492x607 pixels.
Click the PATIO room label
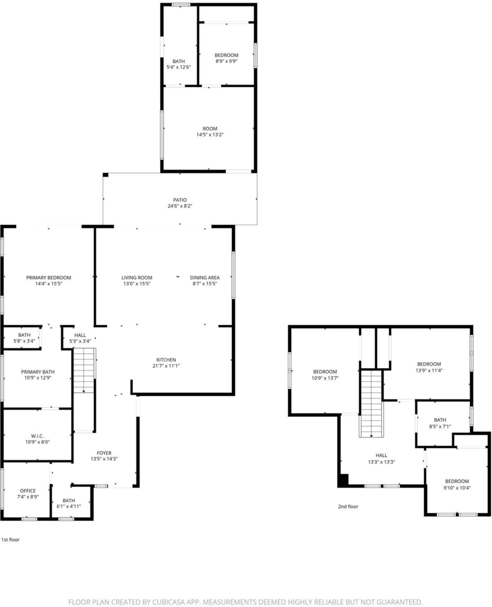pyautogui.click(x=180, y=200)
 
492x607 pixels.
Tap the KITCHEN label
pyautogui.click(x=166, y=360)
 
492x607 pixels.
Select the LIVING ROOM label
pyautogui.click(x=137, y=277)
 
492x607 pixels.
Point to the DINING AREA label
pyautogui.click(x=205, y=277)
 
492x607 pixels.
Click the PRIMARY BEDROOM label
pyautogui.click(x=49, y=277)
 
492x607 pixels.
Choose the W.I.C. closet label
pyautogui.click(x=37, y=436)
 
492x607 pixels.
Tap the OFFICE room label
pyautogui.click(x=28, y=491)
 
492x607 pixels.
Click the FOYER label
pyautogui.click(x=104, y=453)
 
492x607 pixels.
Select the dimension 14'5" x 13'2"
pyautogui.click(x=210, y=135)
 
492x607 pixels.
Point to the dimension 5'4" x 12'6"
pyautogui.click(x=178, y=68)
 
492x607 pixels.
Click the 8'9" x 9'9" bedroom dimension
pyautogui.click(x=226, y=61)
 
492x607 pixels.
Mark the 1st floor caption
pyautogui.click(x=11, y=539)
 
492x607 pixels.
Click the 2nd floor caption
pyautogui.click(x=348, y=506)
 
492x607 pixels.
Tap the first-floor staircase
pyautogui.click(x=84, y=370)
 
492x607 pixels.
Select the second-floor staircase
pyautogui.click(x=372, y=404)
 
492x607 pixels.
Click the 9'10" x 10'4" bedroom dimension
pyautogui.click(x=457, y=488)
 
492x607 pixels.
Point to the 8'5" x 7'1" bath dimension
pyautogui.click(x=440, y=426)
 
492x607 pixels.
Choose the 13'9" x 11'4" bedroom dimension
pyautogui.click(x=429, y=370)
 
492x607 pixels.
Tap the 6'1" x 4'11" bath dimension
pyautogui.click(x=69, y=506)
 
